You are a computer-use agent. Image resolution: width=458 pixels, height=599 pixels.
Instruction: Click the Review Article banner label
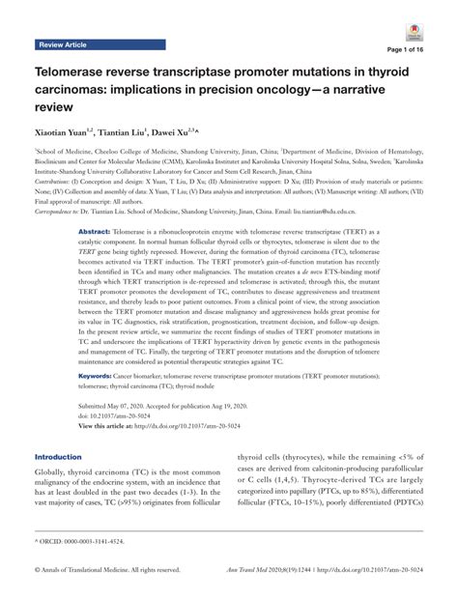point(63,45)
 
